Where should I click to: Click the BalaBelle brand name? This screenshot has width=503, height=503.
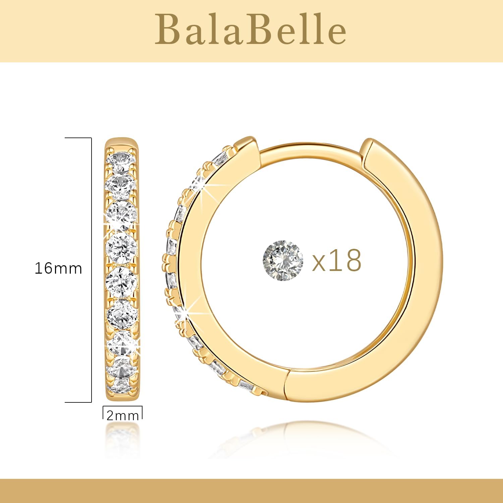click(250, 30)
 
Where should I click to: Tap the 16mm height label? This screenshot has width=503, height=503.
click(58, 269)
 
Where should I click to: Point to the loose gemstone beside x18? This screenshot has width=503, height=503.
click(283, 260)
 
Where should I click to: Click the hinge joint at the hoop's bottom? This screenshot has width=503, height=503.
click(286, 382)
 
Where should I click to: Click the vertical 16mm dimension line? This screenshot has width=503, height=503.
click(91, 270)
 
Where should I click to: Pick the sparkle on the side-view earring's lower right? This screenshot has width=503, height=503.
click(138, 350)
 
